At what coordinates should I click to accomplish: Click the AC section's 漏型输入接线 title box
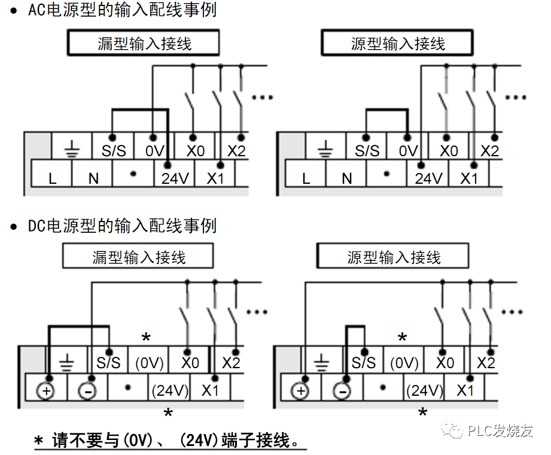(x=144, y=44)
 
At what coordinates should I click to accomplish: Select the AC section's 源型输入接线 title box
(x=397, y=44)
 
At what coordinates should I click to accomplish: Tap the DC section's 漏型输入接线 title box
(x=138, y=257)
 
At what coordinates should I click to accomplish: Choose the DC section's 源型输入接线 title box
(x=393, y=257)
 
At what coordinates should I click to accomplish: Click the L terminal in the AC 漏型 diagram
(x=52, y=178)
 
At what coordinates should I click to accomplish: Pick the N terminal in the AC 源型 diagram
(x=347, y=178)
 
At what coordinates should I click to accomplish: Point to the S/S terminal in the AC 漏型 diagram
(x=113, y=150)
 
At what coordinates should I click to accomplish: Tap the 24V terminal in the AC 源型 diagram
(x=428, y=178)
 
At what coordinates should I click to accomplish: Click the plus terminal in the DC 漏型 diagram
(x=47, y=391)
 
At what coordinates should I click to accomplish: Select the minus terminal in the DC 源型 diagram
(x=342, y=391)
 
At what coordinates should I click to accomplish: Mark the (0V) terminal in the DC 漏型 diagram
(x=150, y=363)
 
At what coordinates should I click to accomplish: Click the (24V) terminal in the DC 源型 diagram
(x=424, y=391)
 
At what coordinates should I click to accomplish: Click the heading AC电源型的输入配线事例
(x=122, y=10)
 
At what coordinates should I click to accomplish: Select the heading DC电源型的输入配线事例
(x=122, y=226)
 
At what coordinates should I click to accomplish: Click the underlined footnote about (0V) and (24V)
(x=171, y=442)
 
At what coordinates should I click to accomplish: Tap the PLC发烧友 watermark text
(x=500, y=431)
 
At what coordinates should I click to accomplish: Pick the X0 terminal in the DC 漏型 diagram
(x=190, y=363)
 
